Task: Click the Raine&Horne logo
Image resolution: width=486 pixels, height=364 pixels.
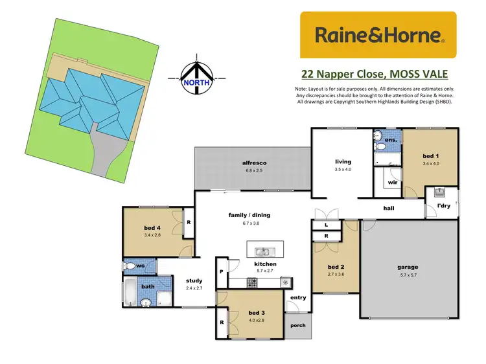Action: [378, 35]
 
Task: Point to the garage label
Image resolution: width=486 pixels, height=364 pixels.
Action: [408, 267]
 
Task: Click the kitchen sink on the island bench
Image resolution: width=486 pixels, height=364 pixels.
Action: [262, 251]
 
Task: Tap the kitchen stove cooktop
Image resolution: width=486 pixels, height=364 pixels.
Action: [252, 282]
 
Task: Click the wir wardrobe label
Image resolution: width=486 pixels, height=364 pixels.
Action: [392, 183]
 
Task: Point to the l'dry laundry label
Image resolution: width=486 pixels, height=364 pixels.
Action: [443, 206]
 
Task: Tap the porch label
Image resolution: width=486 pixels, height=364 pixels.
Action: [299, 326]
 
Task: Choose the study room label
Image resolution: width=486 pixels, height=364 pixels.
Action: [194, 280]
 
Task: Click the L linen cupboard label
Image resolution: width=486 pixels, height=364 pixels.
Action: [325, 225]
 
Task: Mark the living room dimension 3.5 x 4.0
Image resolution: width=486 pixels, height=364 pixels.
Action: [343, 169]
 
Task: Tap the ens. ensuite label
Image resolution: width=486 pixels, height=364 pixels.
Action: [391, 139]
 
